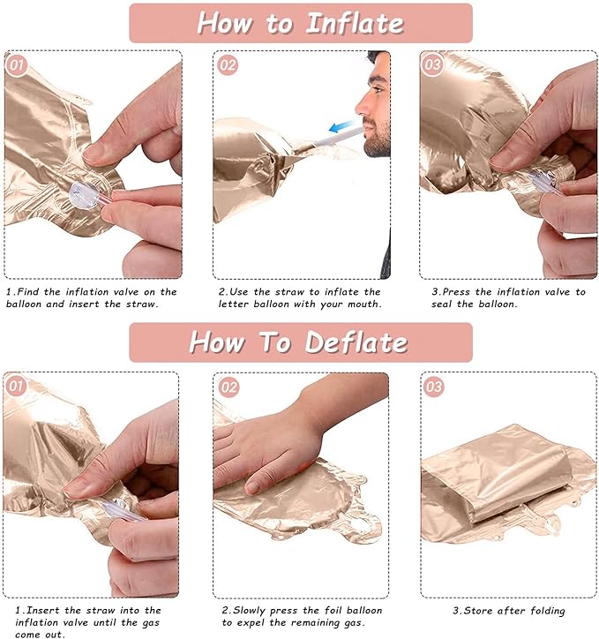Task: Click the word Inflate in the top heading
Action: pyautogui.click(x=355, y=23)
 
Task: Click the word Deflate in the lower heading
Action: pyautogui.click(x=356, y=342)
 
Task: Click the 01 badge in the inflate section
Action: pyautogui.click(x=17, y=64)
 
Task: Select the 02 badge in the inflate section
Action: pyautogui.click(x=228, y=65)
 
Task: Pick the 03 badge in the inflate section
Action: pyautogui.click(x=432, y=64)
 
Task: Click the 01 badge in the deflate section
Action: pyautogui.click(x=16, y=386)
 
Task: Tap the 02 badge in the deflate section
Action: pyautogui.click(x=228, y=387)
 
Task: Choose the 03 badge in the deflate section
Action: pyautogui.click(x=434, y=387)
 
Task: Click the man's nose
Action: pyautogui.click(x=361, y=107)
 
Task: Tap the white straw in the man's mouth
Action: pyautogui.click(x=339, y=137)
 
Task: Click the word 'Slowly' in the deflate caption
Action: pyautogui.click(x=249, y=611)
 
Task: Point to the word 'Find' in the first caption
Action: pyautogui.click(x=28, y=292)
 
